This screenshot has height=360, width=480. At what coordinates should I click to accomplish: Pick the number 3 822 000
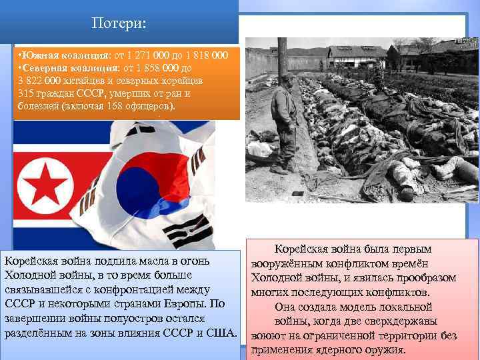38,80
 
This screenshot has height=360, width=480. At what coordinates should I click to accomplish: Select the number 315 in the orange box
27,93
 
